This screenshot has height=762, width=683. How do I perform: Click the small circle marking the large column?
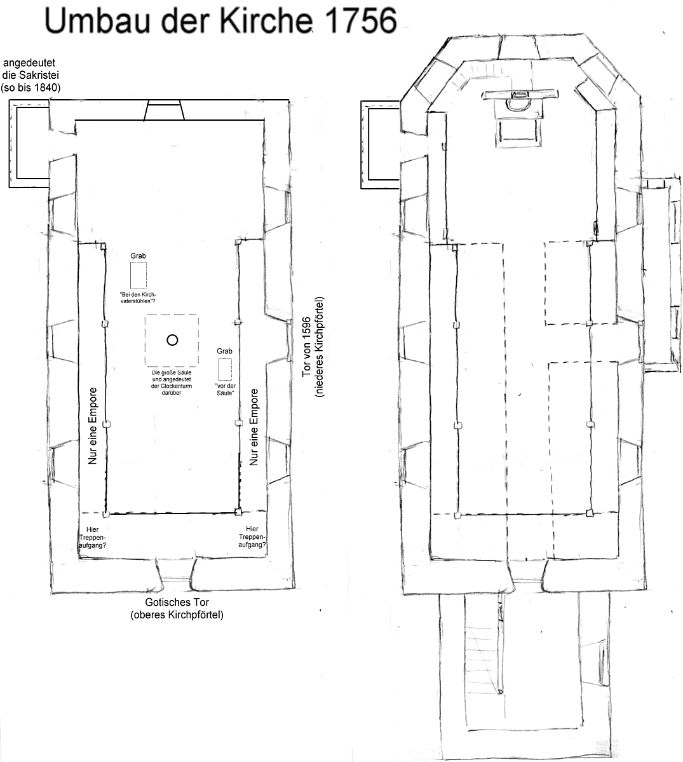(x=172, y=340)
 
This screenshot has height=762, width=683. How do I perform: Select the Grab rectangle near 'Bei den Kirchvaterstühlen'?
(x=139, y=275)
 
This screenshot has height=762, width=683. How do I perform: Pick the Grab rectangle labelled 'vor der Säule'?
(x=225, y=369)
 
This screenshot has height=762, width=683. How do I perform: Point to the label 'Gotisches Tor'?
(x=177, y=602)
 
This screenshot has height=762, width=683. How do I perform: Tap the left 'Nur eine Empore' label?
(x=93, y=426)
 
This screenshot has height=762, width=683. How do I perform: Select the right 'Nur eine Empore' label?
(x=254, y=428)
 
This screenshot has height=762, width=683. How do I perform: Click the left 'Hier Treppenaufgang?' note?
(x=92, y=538)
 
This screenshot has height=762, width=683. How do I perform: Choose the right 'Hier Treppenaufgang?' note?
(x=252, y=537)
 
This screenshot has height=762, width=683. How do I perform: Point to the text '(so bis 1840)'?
(x=32, y=88)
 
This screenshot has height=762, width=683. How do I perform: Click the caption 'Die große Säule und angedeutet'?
(x=172, y=376)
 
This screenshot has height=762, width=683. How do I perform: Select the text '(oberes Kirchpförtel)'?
(x=177, y=615)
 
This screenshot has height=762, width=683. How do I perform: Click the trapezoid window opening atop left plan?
(x=164, y=110)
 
